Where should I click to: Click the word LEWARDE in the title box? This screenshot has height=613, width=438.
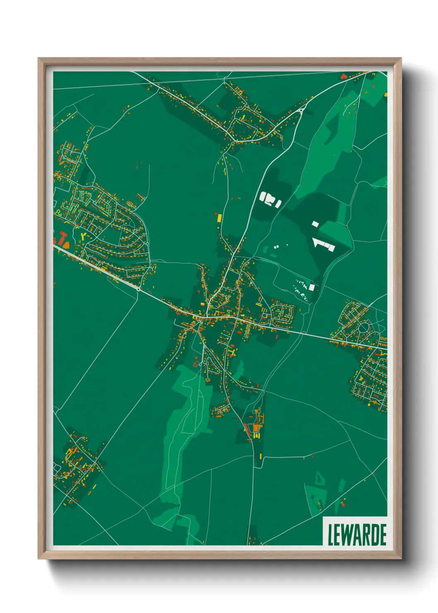[357, 534]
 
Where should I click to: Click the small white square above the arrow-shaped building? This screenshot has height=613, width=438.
[315, 224]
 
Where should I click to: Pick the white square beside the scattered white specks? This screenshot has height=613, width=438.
[312, 287]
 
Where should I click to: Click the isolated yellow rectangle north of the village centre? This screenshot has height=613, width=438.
[219, 217]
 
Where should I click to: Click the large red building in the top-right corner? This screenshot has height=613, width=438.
[343, 76]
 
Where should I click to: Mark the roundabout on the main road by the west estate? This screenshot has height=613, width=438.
[138, 288]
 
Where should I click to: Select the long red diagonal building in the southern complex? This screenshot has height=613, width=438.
[247, 429]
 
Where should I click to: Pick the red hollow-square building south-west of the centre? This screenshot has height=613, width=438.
[195, 364]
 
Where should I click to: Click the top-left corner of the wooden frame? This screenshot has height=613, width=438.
[39, 59]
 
